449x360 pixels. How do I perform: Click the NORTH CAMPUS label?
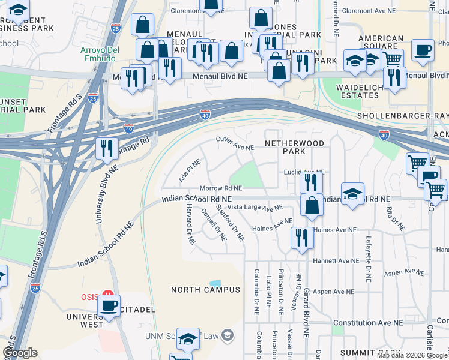point(205,290)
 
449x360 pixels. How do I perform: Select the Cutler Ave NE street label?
point(235,143)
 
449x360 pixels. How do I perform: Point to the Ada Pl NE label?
point(190,171)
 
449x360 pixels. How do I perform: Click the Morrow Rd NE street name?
point(220,188)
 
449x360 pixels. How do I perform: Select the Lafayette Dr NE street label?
point(368,259)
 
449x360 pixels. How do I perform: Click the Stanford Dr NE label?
point(231,223)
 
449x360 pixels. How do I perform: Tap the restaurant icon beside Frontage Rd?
point(107,148)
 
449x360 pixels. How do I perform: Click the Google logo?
point(20,353)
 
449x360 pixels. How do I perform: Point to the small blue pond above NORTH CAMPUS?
point(215,283)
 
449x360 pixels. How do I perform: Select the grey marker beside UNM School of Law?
point(228,334)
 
